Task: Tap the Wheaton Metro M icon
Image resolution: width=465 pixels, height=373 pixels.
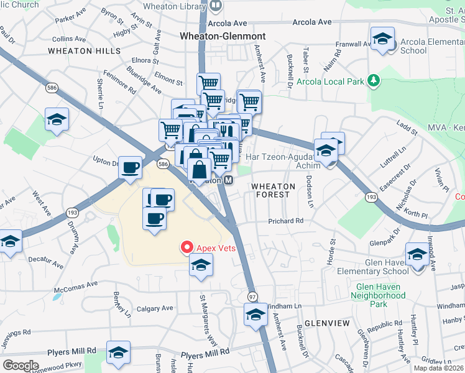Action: (228, 180)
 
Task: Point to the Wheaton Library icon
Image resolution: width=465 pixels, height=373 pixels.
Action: (215, 5)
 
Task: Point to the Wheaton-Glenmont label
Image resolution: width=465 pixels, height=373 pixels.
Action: (223, 36)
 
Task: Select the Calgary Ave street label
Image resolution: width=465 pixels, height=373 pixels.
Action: (155, 308)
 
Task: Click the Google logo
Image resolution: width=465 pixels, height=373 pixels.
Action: (21, 365)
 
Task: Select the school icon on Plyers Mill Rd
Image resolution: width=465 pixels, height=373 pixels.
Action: (118, 352)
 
